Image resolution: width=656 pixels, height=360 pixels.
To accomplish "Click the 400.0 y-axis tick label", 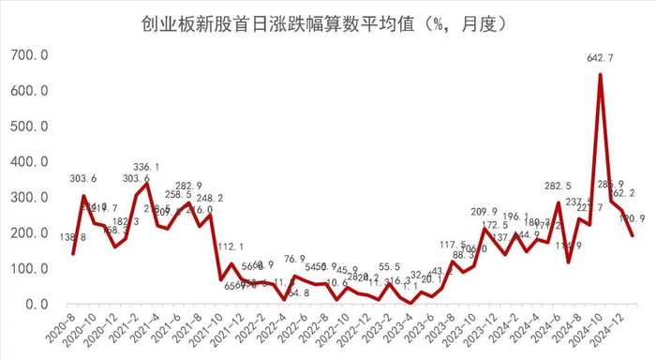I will [x=29, y=162].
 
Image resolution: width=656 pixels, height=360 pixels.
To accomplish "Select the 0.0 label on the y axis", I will [x=37, y=305].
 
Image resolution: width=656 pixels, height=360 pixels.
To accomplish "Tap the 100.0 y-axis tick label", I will [x=29, y=269].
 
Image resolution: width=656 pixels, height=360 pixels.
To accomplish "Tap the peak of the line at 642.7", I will [x=600, y=75].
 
